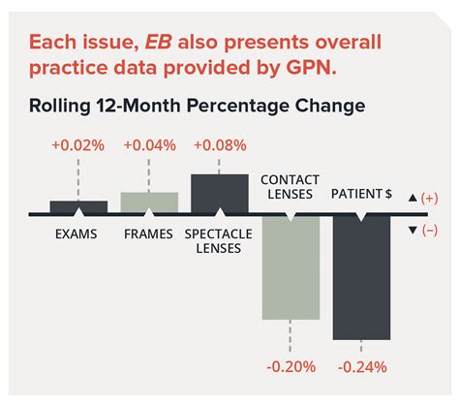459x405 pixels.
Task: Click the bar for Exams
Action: (x=78, y=206)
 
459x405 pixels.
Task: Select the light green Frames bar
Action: (x=149, y=202)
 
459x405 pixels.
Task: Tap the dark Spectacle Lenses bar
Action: (x=220, y=193)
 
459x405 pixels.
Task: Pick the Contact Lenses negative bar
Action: (x=291, y=266)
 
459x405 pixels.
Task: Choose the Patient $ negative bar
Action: (x=361, y=276)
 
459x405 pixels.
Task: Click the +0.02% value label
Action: (x=78, y=145)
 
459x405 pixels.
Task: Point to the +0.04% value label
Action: (x=149, y=145)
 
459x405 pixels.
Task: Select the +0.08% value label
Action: (x=220, y=145)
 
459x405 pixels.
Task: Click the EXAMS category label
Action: (x=78, y=234)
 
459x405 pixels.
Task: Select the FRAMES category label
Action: (x=149, y=234)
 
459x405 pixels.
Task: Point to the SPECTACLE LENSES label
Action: (x=220, y=240)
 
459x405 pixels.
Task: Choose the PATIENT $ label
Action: (x=361, y=194)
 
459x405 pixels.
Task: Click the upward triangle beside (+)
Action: (x=413, y=198)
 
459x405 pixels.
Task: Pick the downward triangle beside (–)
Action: (x=413, y=229)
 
